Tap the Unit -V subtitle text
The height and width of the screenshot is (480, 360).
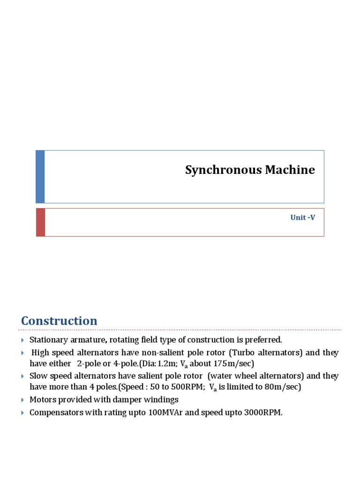[302, 218]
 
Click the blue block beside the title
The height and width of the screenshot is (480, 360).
[40, 177]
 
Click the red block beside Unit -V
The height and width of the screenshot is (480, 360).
[40, 222]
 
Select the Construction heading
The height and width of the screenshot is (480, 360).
[59, 321]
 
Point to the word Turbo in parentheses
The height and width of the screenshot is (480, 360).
[242, 352]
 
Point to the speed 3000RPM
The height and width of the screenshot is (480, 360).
[261, 413]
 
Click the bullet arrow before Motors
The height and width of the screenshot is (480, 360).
[23, 400]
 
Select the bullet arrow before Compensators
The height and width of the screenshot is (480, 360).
[23, 413]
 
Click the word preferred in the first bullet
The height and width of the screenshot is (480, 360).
[265, 340]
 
